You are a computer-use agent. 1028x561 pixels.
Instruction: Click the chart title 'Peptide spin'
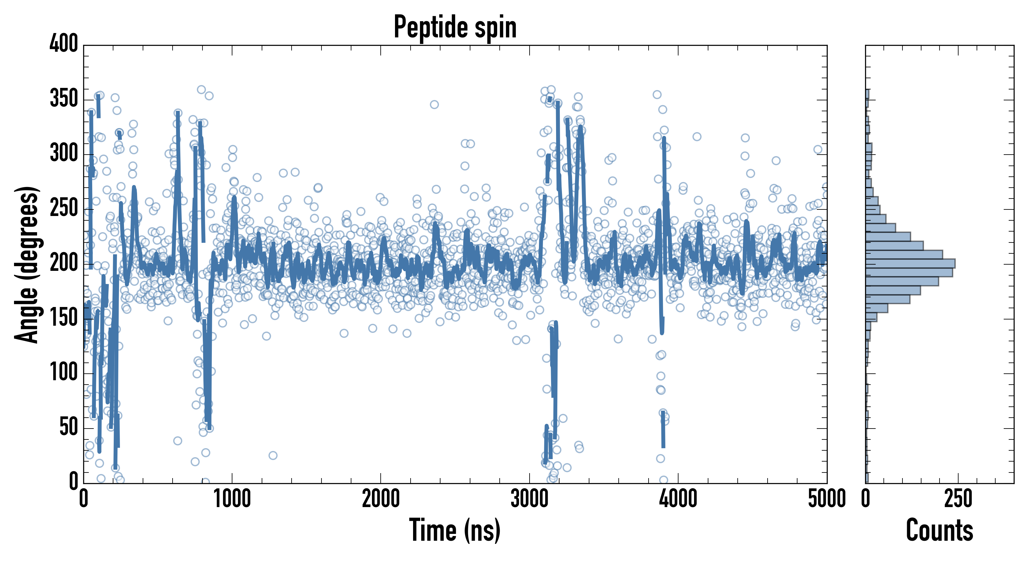click(455, 27)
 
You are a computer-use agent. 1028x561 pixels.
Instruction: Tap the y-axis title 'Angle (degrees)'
click(26, 264)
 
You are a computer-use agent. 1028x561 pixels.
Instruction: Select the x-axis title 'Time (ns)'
click(455, 530)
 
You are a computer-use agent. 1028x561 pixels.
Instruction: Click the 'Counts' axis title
click(940, 530)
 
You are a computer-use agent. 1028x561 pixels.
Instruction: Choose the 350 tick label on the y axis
click(64, 98)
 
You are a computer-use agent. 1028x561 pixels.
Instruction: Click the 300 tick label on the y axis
click(64, 153)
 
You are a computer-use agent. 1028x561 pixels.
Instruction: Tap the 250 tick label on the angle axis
click(64, 208)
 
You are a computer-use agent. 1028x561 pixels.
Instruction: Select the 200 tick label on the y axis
click(64, 263)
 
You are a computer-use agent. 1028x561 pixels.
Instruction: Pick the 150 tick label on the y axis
click(64, 318)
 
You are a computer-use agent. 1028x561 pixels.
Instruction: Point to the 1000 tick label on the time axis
click(232, 499)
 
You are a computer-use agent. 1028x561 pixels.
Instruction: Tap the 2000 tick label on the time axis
click(381, 499)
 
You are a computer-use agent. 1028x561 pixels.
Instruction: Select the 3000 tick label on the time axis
click(530, 499)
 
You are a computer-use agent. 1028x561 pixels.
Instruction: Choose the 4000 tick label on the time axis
click(678, 499)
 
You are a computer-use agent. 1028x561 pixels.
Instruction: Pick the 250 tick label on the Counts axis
click(958, 499)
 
